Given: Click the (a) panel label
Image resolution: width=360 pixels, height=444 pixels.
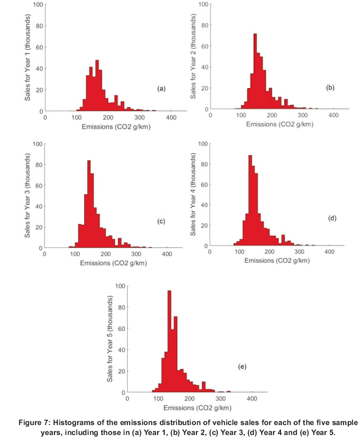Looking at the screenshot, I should [x=161, y=89].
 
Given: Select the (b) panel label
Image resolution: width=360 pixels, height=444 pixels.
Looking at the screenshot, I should [x=330, y=88].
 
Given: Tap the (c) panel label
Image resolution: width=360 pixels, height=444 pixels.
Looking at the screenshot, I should [x=161, y=222].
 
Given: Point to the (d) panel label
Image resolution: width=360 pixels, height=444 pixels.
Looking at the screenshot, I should [x=332, y=218].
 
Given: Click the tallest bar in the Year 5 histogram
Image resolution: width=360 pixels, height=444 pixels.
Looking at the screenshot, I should [x=169, y=341].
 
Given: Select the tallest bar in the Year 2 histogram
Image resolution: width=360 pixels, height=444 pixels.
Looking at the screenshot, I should [x=255, y=71].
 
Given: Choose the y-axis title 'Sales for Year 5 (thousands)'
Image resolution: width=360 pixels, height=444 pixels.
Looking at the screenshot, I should [x=110, y=339].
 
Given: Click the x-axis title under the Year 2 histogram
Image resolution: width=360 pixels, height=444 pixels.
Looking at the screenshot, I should [x=280, y=124].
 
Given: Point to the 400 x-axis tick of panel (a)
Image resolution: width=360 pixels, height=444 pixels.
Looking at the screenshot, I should [x=171, y=117].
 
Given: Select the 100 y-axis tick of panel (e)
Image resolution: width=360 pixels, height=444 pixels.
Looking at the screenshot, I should [x=120, y=286].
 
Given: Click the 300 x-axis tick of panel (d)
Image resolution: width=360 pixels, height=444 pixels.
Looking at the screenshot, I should [x=299, y=252].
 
